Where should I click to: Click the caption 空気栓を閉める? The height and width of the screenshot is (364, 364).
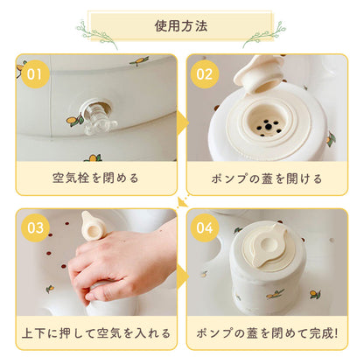coord(95,178)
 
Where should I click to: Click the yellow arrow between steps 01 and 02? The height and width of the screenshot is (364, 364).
coord(182,122)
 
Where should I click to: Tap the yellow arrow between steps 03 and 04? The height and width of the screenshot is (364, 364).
coord(182,277)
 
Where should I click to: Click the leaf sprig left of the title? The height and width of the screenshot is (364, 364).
coord(96,31)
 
